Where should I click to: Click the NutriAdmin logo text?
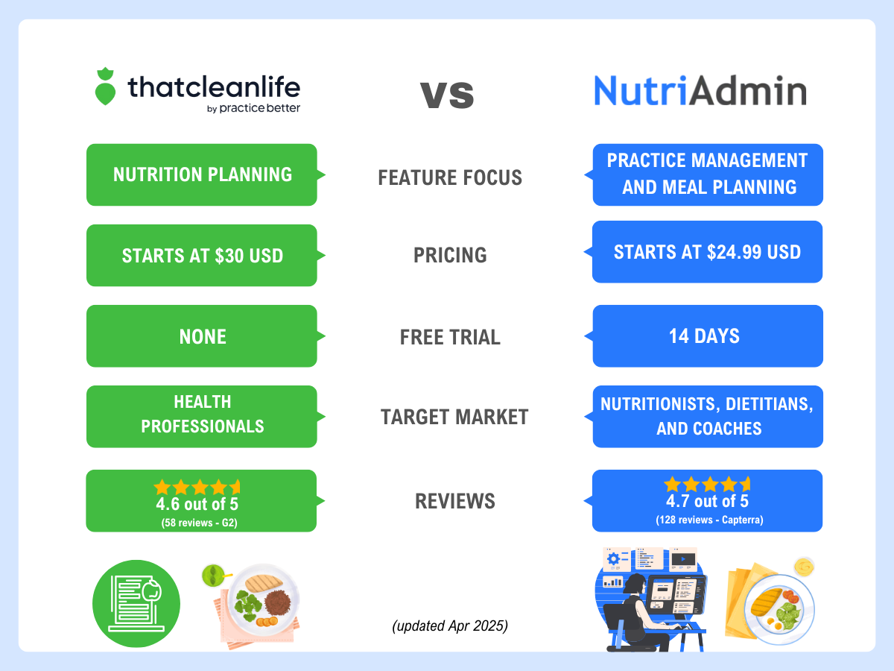[x=700, y=91]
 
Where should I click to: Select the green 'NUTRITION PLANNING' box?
[x=202, y=174]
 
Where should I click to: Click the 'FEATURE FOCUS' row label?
[x=450, y=178]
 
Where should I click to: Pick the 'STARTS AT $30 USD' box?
[x=202, y=256]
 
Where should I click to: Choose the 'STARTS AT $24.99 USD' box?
[x=707, y=252]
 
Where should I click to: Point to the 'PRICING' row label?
[x=450, y=256]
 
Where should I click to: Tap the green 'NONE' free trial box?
[x=202, y=336]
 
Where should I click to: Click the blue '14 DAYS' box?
[x=707, y=335]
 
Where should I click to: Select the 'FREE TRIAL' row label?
[x=450, y=337]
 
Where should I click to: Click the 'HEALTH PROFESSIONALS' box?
[x=202, y=415]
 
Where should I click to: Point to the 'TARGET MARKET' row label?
[x=454, y=418]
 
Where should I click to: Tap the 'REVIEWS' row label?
[x=454, y=502]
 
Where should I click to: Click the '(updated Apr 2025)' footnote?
[x=450, y=626]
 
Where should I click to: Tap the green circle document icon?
[x=136, y=604]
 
